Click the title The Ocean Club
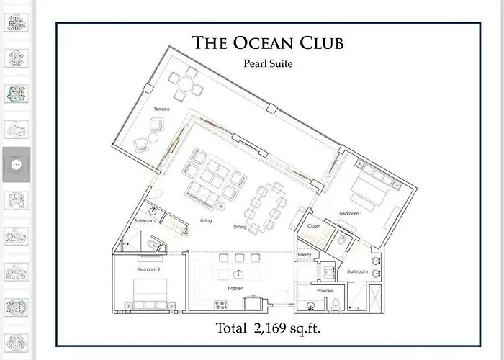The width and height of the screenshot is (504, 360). click(268, 43)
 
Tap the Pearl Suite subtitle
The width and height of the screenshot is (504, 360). click(268, 63)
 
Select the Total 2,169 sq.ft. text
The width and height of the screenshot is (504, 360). click(268, 329)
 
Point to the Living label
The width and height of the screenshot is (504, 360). click(205, 220)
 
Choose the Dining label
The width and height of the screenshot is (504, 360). click(240, 228)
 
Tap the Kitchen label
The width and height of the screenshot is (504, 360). click(235, 288)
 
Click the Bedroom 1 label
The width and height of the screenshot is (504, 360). click(350, 214)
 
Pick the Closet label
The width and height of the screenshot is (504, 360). click(314, 226)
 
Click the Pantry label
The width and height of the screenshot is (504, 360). click(304, 254)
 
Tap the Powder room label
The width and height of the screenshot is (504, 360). click(324, 291)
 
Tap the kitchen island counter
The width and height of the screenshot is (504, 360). click(240, 274)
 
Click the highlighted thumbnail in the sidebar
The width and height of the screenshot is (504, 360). click(17, 164)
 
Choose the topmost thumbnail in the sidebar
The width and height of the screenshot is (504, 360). click(16, 22)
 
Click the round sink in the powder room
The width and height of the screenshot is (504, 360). click(310, 305)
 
